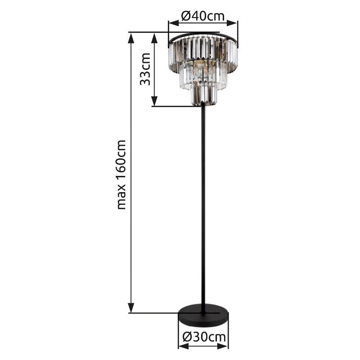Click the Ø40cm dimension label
click(x=202, y=16)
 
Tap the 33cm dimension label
click(x=145, y=69)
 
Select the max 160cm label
click(x=121, y=175)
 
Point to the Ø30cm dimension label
click(x=204, y=337)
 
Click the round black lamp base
click(x=203, y=315)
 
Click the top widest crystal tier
click(x=203, y=52)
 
